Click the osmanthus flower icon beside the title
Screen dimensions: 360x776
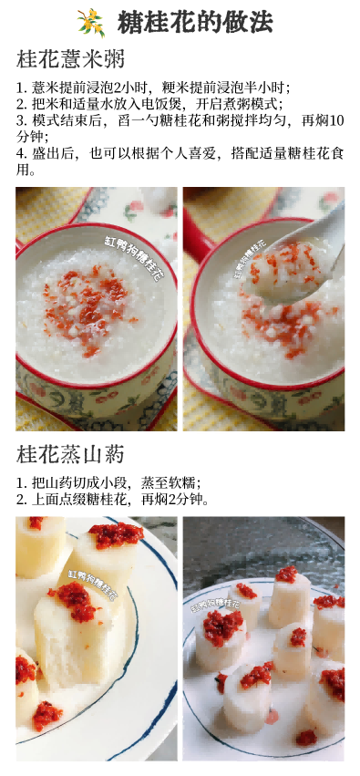[x=91, y=22]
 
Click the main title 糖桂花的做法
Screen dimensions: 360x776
[x=195, y=23]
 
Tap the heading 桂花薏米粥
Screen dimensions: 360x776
[x=70, y=60]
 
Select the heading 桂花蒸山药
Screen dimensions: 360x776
[x=70, y=454]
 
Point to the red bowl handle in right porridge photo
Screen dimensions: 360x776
[x=197, y=232]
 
